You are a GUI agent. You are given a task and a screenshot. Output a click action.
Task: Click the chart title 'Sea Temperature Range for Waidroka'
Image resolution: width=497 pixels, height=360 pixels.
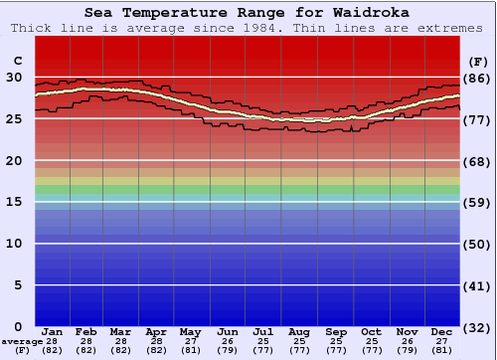point(247,13)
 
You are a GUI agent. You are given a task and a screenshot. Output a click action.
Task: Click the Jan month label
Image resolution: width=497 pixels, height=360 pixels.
point(53,332)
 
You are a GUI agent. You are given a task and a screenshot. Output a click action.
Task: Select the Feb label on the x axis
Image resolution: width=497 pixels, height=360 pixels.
point(86,332)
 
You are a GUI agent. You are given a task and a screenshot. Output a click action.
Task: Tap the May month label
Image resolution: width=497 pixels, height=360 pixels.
point(191,332)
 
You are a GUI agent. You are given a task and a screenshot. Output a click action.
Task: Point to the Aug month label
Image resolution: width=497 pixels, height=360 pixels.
point(299,332)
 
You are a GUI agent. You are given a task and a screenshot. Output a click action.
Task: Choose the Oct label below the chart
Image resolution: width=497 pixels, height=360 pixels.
point(371,332)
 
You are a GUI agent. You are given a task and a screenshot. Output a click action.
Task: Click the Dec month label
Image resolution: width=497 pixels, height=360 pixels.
point(442,332)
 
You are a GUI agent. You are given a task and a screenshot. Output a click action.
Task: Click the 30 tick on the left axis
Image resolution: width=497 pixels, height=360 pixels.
point(14,78)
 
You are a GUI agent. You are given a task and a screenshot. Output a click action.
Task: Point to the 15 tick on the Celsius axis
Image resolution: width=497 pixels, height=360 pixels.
point(14,202)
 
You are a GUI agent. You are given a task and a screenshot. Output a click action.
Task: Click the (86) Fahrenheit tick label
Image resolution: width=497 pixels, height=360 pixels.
point(478,78)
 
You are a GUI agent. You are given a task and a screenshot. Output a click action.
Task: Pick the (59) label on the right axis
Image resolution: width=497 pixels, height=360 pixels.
point(478,202)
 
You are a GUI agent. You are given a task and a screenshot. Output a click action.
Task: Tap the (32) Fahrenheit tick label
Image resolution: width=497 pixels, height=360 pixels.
point(478,327)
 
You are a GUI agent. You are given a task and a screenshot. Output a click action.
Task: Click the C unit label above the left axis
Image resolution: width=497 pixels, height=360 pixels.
point(17,61)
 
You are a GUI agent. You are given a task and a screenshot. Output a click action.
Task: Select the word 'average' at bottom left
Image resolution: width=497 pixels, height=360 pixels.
point(22,341)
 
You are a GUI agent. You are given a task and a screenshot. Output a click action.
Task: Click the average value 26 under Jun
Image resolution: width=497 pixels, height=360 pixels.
point(228,341)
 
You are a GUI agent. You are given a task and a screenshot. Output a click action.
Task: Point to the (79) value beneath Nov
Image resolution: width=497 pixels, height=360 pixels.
point(407,350)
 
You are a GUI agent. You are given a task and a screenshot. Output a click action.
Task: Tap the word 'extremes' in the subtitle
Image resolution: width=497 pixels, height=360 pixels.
point(451,28)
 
